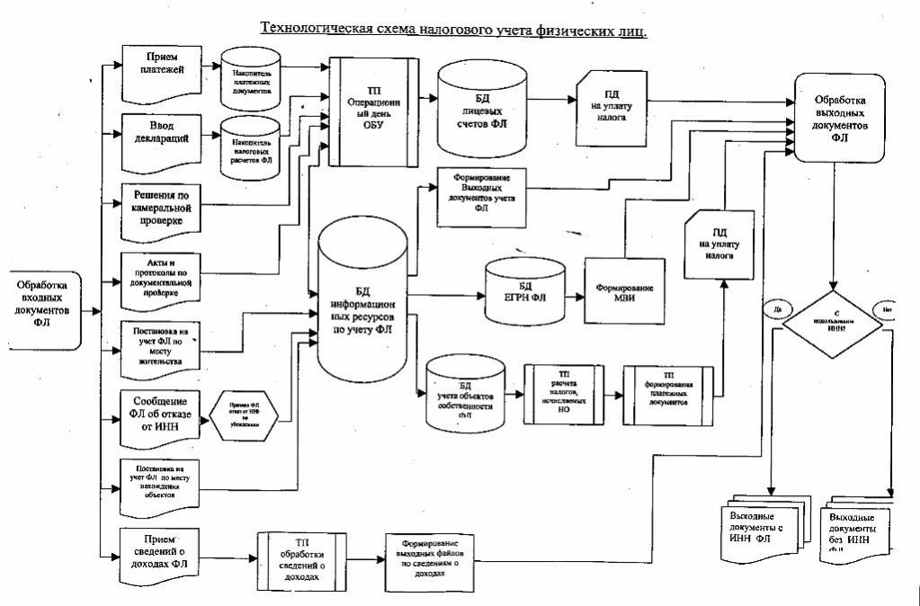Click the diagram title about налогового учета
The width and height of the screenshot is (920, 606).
click(454, 29)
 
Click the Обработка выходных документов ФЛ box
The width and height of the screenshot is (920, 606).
click(840, 118)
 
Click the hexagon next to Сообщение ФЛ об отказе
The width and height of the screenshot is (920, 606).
click(245, 419)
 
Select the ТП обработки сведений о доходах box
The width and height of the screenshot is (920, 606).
click(301, 558)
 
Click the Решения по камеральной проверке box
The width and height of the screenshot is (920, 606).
click(158, 208)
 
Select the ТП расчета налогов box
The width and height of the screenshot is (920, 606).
click(562, 393)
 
